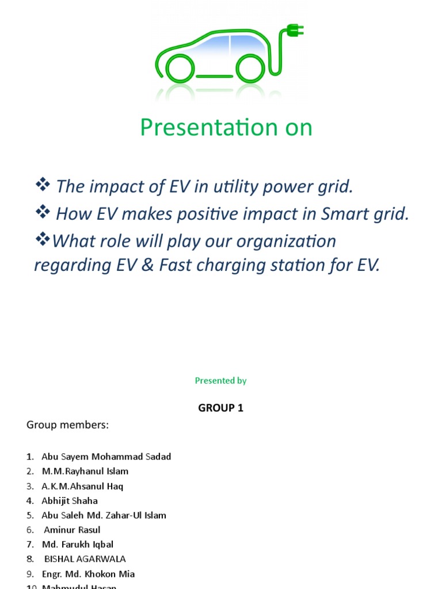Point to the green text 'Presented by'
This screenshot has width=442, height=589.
tap(220, 381)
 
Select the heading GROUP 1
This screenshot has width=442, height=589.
tap(220, 408)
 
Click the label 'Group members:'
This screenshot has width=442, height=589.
tap(67, 425)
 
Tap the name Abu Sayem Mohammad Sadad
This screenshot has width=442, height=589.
tap(106, 457)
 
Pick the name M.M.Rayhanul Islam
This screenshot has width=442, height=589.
tap(85, 471)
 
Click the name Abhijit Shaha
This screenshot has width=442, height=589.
tap(70, 500)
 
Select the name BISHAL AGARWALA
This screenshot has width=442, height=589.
tap(85, 559)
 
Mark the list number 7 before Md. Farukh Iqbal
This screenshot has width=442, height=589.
tap(31, 544)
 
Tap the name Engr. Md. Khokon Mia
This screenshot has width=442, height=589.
tap(88, 574)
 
